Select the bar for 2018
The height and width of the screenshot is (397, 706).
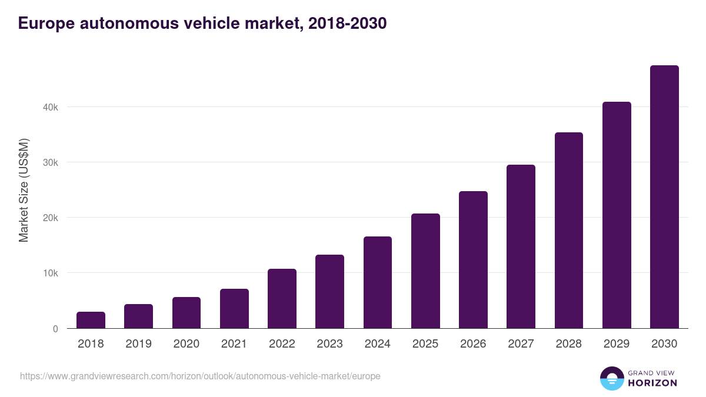(91, 320)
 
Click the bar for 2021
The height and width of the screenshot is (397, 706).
(234, 309)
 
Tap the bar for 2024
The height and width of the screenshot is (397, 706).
(378, 282)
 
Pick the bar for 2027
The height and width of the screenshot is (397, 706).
(521, 246)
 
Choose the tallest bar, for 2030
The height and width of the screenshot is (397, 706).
(664, 197)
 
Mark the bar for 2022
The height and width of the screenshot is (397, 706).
(282, 299)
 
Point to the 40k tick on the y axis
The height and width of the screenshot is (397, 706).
(50, 107)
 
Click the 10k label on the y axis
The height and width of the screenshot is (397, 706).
(50, 273)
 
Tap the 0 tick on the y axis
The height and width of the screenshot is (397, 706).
(55, 329)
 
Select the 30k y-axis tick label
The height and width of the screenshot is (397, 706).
(50, 163)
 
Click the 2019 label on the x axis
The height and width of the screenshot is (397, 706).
(138, 344)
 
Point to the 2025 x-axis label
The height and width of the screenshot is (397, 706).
(425, 344)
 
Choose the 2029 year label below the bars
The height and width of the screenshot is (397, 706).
(617, 344)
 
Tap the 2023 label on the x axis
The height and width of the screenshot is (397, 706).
(329, 344)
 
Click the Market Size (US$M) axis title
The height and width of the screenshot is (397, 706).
(24, 191)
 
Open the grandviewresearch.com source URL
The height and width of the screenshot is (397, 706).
(200, 376)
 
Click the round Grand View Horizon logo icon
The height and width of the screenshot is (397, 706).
(612, 378)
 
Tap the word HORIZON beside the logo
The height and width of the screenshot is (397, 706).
(652, 383)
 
